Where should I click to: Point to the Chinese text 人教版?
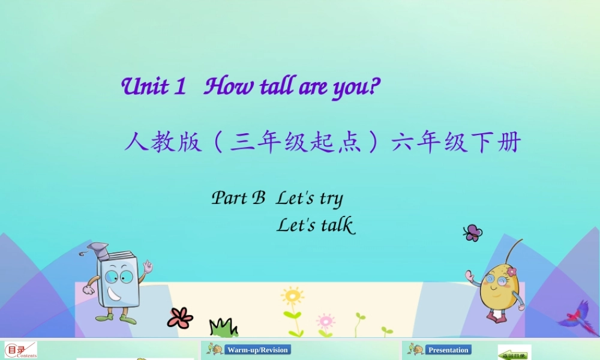(163, 143)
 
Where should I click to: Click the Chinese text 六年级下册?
(456, 143)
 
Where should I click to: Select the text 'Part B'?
(238, 198)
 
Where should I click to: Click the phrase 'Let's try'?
(309, 199)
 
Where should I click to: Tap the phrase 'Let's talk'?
(316, 226)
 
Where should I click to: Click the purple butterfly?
(473, 233)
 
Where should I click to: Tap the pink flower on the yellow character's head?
(511, 271)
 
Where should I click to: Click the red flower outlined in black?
(180, 317)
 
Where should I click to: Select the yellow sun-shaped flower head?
(292, 295)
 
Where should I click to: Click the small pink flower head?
(325, 320)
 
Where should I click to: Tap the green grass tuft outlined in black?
(223, 328)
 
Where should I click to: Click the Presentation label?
(449, 350)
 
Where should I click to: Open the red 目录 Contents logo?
(20, 350)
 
